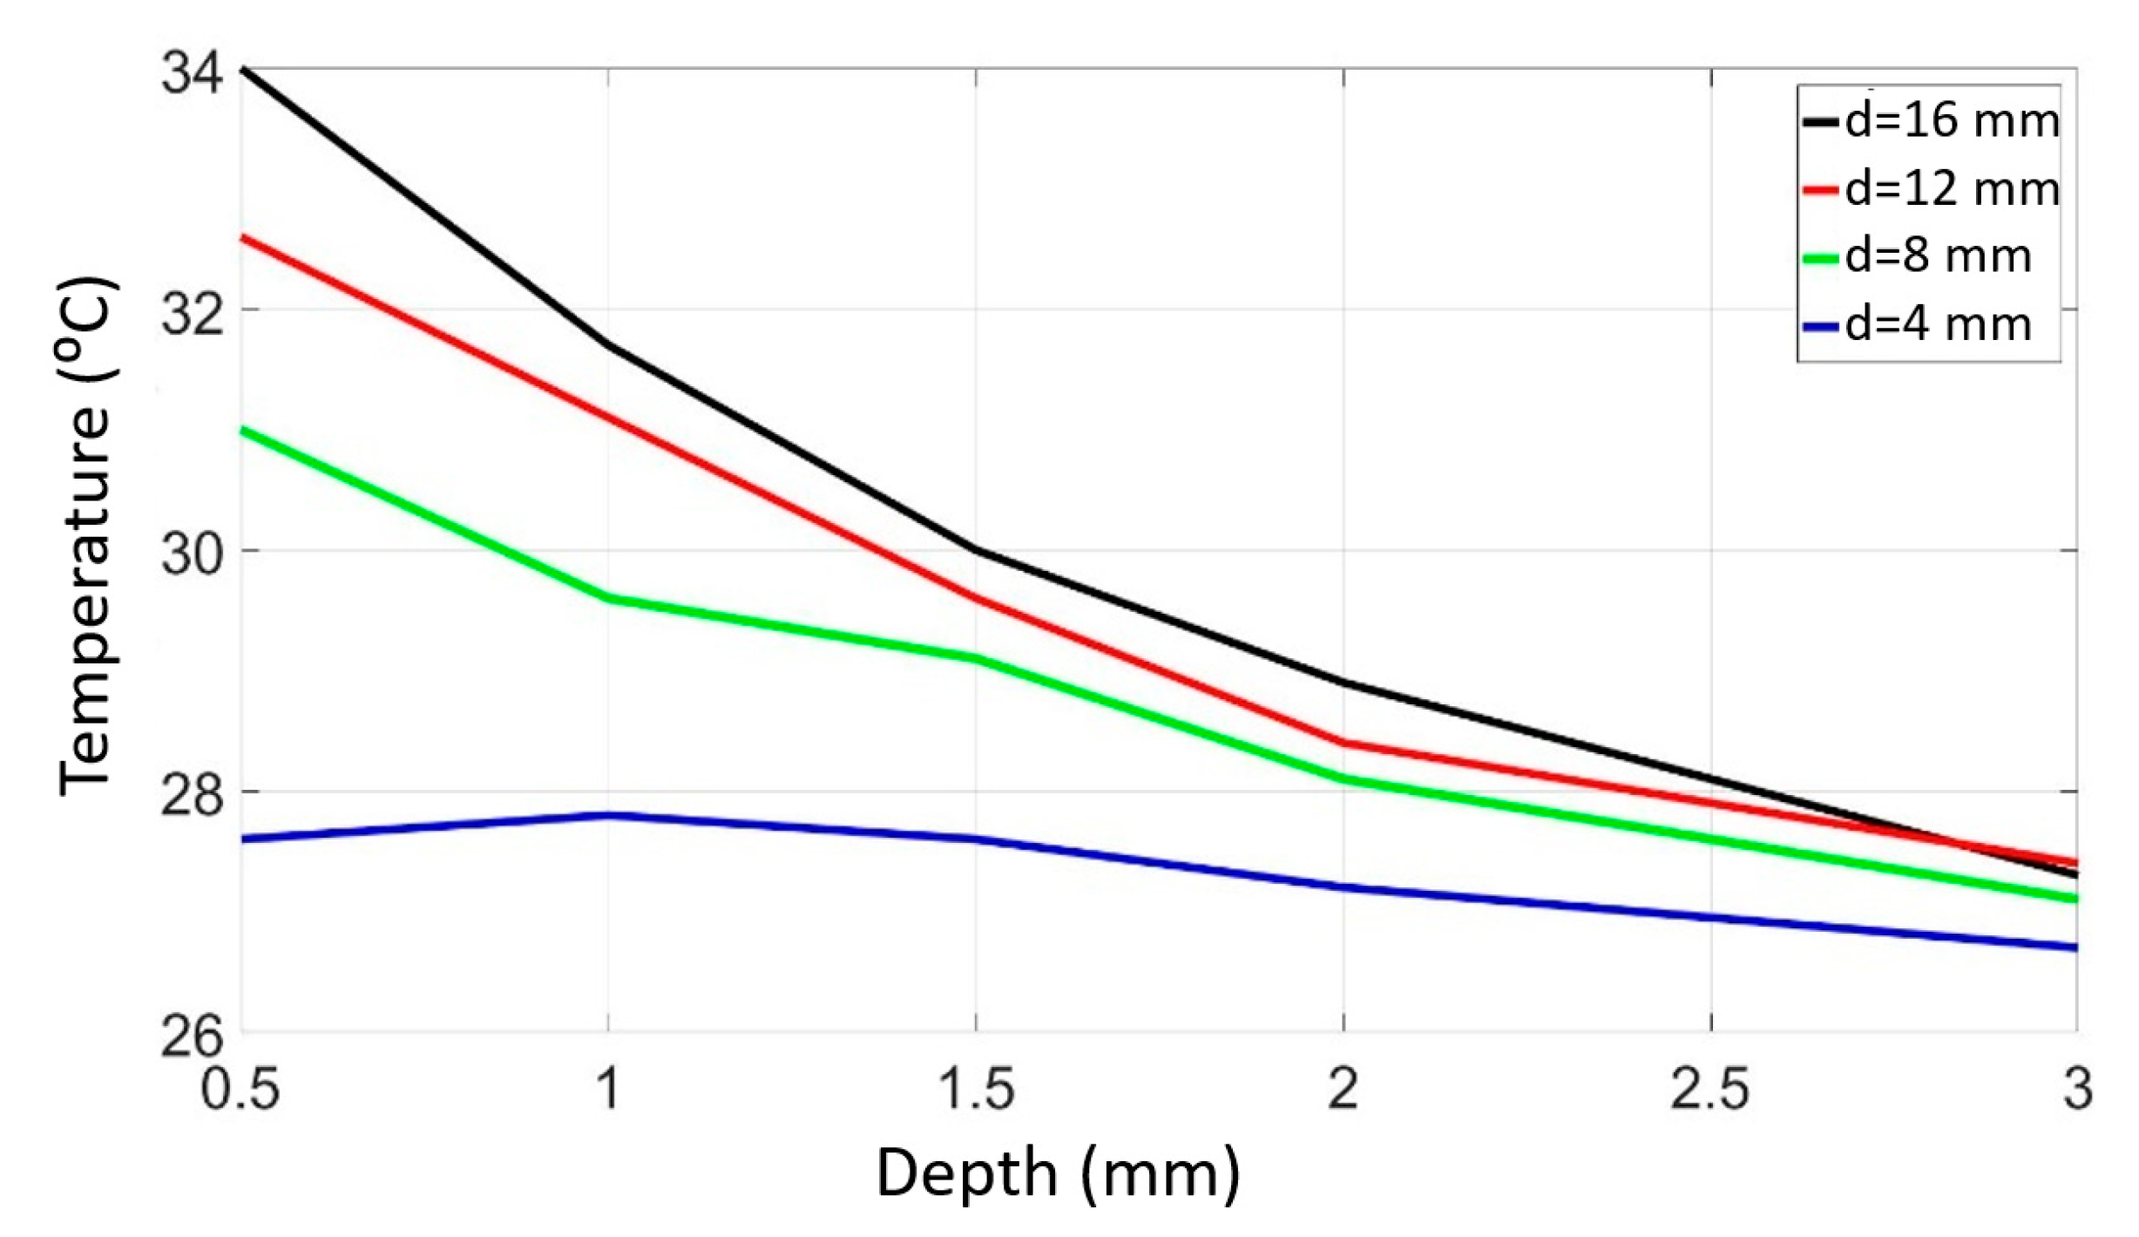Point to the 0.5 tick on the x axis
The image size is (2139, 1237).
[x=240, y=1090]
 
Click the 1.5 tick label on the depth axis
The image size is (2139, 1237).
[x=976, y=1090]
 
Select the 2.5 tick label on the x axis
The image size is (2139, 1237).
[x=1710, y=1090]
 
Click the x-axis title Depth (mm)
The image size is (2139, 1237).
[x=1057, y=1174]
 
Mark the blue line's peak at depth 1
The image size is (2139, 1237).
[x=608, y=815]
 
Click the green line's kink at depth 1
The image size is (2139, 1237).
[x=608, y=599]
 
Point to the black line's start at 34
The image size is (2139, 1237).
[x=243, y=68]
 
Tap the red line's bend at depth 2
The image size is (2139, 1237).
[x=1344, y=743]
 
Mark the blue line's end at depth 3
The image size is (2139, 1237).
[x=2076, y=948]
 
